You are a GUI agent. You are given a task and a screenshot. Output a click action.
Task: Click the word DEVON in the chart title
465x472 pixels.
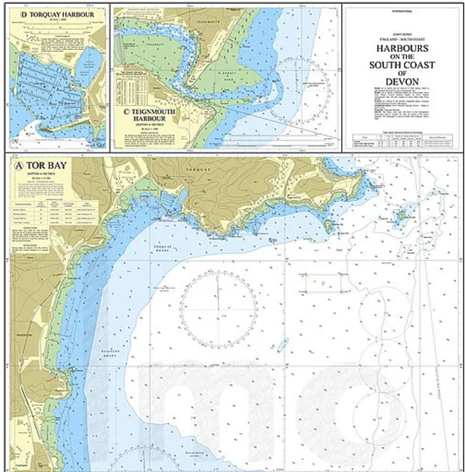402,82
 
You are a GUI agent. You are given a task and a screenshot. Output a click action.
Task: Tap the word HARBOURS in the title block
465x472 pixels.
402,48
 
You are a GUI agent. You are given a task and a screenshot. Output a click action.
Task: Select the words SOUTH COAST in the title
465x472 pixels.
402,65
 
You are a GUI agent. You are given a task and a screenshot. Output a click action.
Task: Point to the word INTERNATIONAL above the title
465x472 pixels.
402,11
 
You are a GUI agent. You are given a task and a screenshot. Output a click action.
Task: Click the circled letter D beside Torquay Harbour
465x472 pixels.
24,14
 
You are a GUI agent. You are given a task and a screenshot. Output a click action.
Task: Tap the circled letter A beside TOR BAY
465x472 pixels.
19,166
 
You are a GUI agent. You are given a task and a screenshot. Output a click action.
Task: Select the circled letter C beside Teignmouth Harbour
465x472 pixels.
127,112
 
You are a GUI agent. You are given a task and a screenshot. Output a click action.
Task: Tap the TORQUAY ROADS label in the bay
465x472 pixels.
162,248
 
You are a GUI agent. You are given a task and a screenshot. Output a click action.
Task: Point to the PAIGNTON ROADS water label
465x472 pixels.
110,354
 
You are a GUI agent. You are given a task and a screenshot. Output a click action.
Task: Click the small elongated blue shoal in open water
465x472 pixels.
283,345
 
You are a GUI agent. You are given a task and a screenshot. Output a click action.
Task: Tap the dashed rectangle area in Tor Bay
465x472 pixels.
323,283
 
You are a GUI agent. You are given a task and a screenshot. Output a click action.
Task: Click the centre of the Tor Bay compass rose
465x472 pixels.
218,308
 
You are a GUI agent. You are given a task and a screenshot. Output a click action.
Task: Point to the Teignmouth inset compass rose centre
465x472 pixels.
299,91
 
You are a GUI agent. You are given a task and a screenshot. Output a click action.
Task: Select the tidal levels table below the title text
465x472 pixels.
401,140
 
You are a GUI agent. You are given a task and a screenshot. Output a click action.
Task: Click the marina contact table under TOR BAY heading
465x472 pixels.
56,212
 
